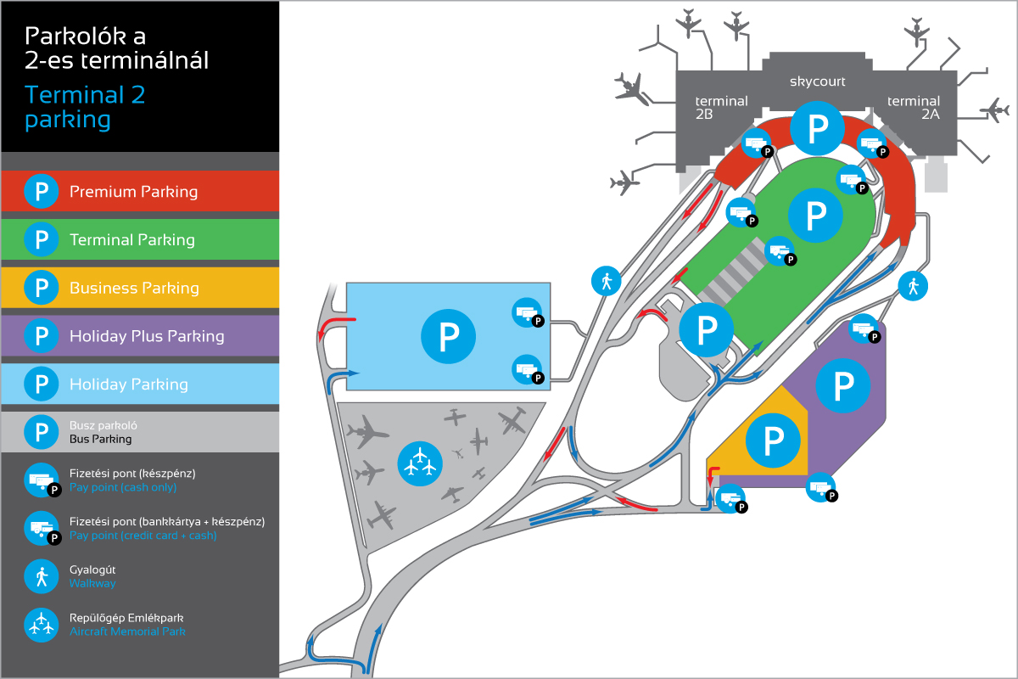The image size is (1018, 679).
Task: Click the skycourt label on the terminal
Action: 817,81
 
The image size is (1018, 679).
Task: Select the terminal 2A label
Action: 914,107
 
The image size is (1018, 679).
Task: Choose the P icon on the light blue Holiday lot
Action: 449,336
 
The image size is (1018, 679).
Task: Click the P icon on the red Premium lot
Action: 817,129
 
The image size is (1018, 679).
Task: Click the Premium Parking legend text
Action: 133,192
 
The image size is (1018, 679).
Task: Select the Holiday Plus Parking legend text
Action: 147,336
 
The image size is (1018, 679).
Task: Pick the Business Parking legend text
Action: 134,289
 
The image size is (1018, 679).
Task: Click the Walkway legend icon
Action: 41,577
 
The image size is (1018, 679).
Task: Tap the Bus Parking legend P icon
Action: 41,432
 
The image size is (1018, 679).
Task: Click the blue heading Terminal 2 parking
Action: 85,107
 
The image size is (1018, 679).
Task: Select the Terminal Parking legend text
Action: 132,240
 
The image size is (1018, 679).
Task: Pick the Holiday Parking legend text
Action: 128,384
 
